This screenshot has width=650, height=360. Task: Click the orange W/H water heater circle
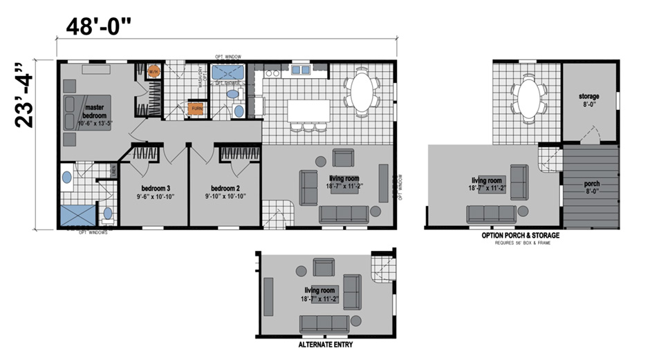pyautogui.click(x=154, y=72)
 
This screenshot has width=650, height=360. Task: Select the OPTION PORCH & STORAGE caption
pyautogui.click(x=520, y=236)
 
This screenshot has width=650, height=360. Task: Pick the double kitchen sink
pyautogui.click(x=301, y=69)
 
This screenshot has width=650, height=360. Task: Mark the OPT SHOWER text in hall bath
pyautogui.click(x=227, y=82)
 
